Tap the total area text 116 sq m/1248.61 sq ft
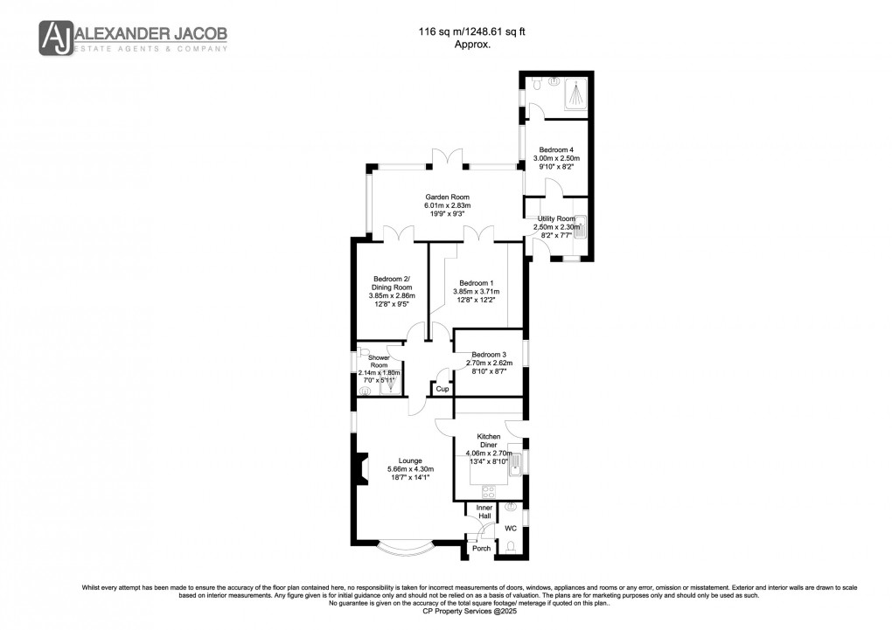472,32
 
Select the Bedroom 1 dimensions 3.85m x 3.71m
477,291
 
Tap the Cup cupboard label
443,389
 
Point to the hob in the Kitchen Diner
484,490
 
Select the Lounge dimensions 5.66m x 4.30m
410,470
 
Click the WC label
511,529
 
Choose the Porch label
481,549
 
